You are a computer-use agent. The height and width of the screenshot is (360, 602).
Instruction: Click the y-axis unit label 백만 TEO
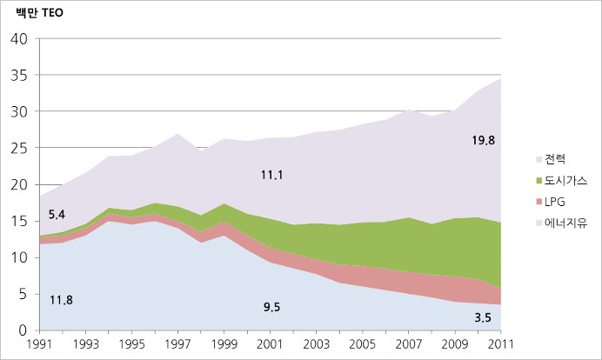click(39, 14)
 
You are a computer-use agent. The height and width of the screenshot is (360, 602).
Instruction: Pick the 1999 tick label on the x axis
click(224, 344)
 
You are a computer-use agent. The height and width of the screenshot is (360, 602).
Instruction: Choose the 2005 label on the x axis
click(364, 344)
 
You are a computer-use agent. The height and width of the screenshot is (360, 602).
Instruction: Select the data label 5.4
click(57, 214)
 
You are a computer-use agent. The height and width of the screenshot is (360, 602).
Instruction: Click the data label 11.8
click(60, 301)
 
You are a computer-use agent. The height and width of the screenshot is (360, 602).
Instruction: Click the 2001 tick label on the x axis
click(271, 344)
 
